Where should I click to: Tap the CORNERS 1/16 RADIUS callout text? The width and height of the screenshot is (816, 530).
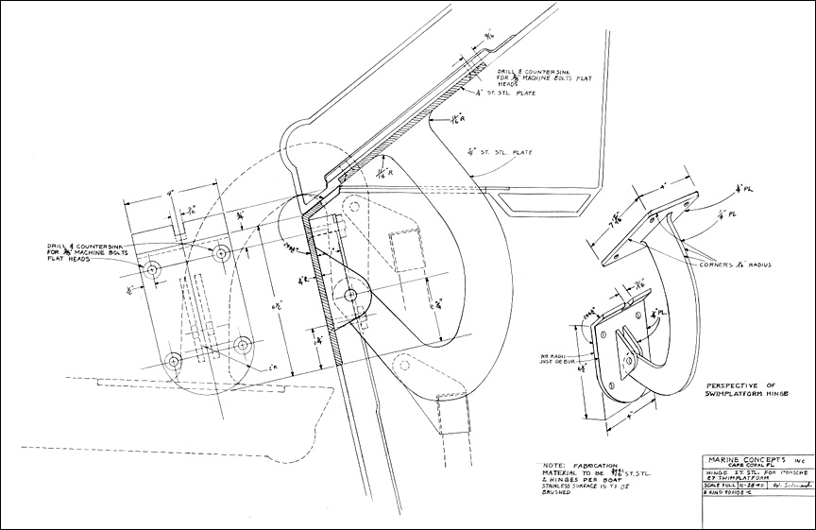pos(739,266)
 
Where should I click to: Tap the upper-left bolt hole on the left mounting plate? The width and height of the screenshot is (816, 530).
pos(152,271)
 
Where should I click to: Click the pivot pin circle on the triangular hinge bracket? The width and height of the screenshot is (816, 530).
pos(350,295)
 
